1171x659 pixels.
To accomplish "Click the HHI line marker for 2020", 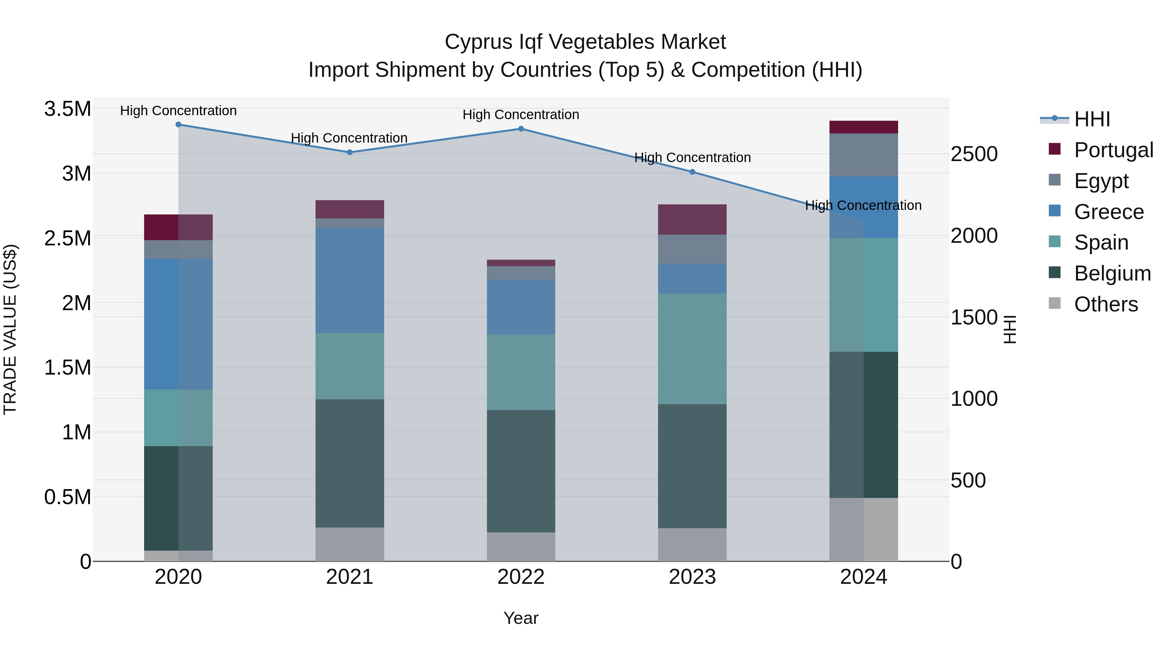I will pyautogui.click(x=178, y=125).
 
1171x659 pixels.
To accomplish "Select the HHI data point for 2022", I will pyautogui.click(x=521, y=129).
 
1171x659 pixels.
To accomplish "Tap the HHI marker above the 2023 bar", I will pyautogui.click(x=692, y=172).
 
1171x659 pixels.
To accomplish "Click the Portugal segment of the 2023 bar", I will pyautogui.click(x=692, y=220).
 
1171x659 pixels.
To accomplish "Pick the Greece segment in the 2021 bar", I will pyautogui.click(x=350, y=280).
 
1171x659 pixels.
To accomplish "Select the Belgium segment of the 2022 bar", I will pyautogui.click(x=521, y=471).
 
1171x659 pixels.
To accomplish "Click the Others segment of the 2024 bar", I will pyautogui.click(x=864, y=529).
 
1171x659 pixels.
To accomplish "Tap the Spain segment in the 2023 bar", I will pyautogui.click(x=692, y=349).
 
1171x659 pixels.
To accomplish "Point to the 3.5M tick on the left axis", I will pyautogui.click(x=67, y=109).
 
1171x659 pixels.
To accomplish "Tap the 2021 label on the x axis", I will pyautogui.click(x=350, y=577).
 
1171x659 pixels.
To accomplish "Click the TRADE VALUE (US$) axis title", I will pyautogui.click(x=10, y=329).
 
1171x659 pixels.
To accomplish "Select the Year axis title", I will pyautogui.click(x=521, y=618).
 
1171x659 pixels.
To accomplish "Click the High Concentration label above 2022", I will pyautogui.click(x=521, y=115).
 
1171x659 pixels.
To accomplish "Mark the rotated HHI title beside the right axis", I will pyautogui.click(x=1009, y=329).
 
